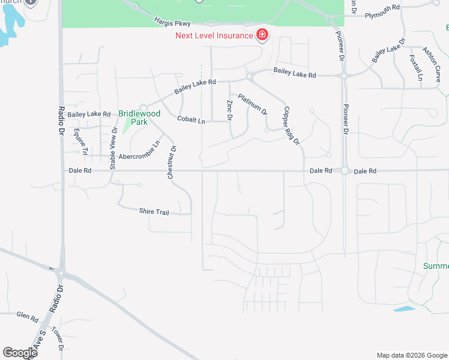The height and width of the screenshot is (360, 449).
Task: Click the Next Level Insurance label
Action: click(214, 35)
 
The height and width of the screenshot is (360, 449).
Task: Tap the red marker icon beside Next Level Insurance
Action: click(262, 35)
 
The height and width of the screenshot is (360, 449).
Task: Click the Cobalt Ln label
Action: click(191, 120)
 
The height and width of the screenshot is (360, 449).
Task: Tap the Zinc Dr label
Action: click(229, 110)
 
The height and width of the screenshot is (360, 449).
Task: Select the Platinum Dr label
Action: click(253, 104)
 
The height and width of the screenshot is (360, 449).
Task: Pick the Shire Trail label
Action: click(154, 212)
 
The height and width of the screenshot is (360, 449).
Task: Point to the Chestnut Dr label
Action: click(172, 163)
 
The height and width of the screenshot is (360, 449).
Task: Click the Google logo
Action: click(20, 353)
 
